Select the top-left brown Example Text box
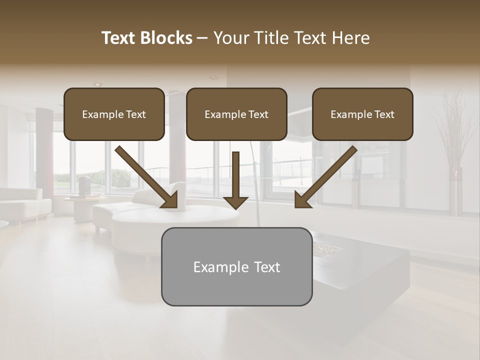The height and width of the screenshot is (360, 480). (x=114, y=114)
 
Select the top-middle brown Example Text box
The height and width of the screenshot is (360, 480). (x=236, y=114)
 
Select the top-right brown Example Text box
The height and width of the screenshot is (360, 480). (x=362, y=114)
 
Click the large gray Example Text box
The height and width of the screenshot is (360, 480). (x=236, y=266)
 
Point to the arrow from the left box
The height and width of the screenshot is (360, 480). (x=145, y=176)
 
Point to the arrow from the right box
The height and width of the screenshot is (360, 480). (x=327, y=176)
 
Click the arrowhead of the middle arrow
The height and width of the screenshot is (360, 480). (x=235, y=201)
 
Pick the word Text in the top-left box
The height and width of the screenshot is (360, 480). (x=136, y=114)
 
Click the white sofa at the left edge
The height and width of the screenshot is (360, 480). (x=22, y=202)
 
